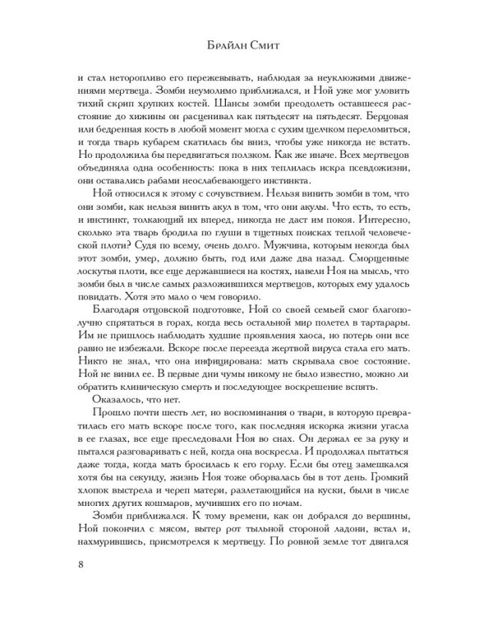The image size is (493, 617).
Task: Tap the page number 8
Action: [x=79, y=588]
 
